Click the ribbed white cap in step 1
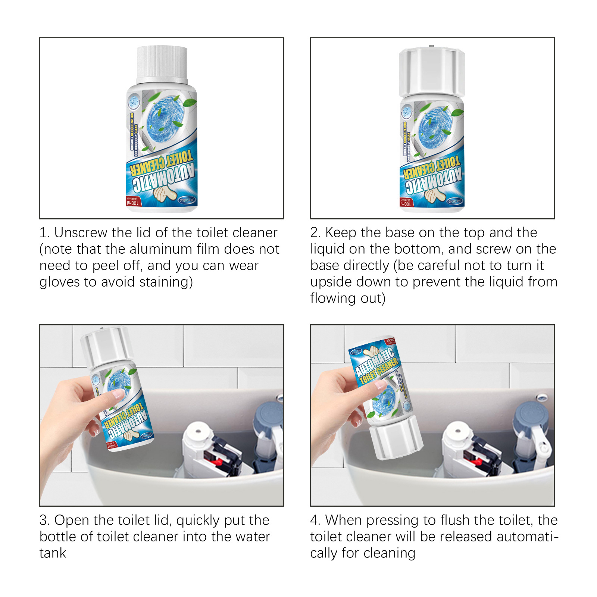click(162, 63)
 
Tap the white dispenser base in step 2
click(432, 73)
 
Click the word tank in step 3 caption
click(53, 553)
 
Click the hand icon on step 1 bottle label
click(164, 194)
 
